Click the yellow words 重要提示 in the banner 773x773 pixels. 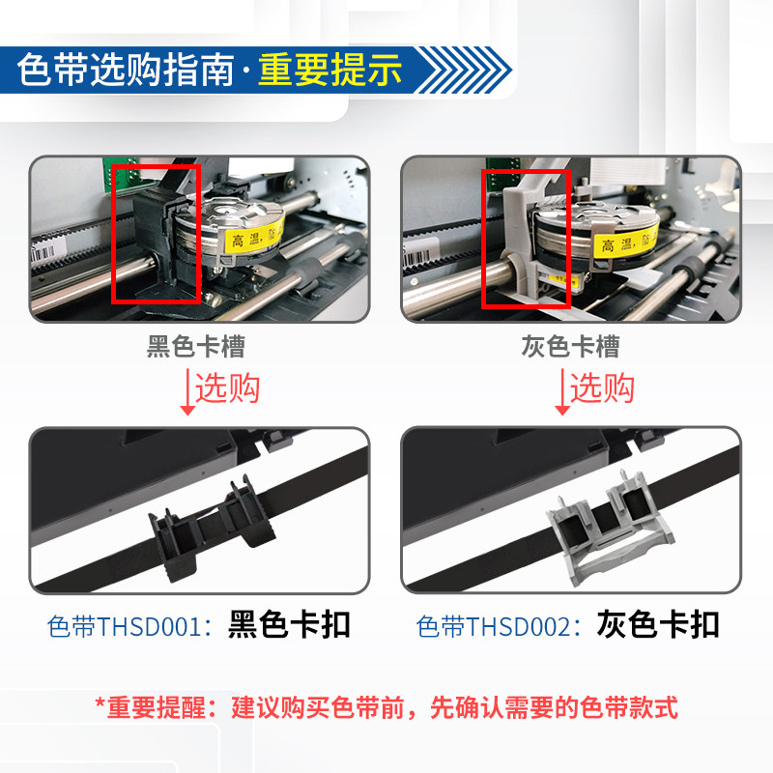(x=329, y=71)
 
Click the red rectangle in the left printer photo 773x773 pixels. (x=157, y=232)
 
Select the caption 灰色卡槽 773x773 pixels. (x=569, y=347)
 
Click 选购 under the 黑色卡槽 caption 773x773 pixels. (x=228, y=388)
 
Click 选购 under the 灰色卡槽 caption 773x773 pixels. (x=602, y=388)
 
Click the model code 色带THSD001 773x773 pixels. (x=129, y=626)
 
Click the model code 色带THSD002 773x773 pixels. (x=501, y=626)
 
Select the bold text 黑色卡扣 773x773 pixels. (x=289, y=625)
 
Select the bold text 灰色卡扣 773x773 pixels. (x=658, y=625)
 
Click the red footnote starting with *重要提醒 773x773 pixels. (x=386, y=706)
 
